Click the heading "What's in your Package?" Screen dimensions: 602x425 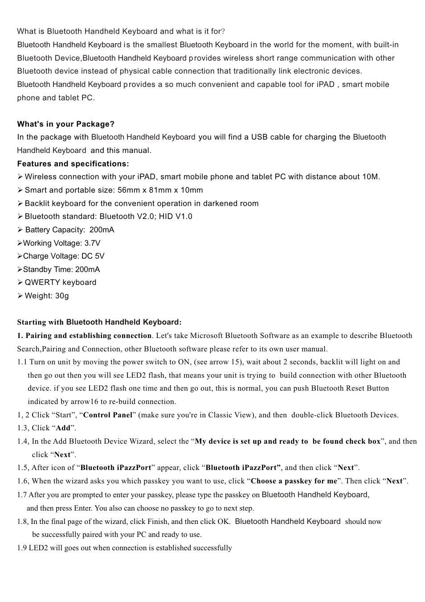65,124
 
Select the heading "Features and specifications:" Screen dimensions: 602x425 73,164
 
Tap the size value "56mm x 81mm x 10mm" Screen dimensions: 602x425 160,190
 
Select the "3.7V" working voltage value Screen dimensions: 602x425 92,243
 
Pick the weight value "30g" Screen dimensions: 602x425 62,296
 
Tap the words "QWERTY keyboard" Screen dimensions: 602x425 60,282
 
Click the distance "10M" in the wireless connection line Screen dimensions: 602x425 370,177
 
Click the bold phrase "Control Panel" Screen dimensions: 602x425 108,415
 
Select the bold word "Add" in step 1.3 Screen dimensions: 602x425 63,428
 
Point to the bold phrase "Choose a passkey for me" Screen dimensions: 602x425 294,481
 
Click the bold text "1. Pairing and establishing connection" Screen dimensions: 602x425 84,335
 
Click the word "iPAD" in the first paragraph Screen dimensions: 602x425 325,84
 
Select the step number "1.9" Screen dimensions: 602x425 22,548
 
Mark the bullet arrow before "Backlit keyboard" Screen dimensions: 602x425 20,203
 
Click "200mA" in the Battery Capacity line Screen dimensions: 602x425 102,230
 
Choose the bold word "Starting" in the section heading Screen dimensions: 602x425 31,322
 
